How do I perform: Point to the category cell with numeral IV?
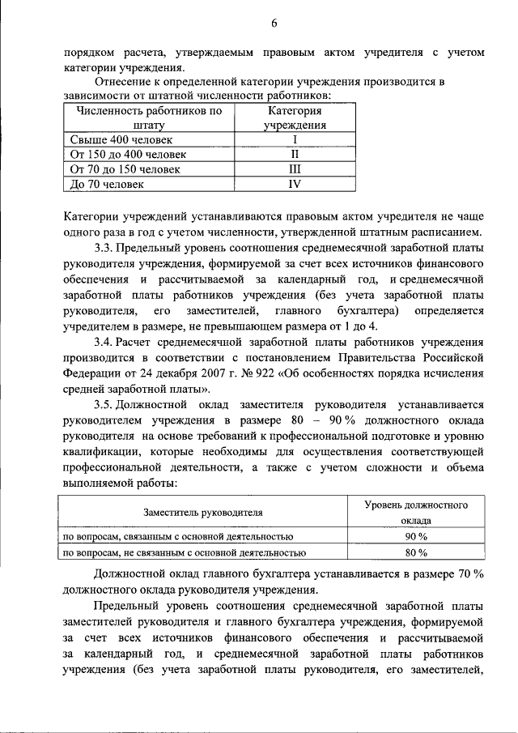click(295, 185)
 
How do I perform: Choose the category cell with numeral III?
click(295, 169)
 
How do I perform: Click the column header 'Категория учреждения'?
click(295, 118)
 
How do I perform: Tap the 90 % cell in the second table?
click(416, 537)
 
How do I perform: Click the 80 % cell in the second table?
click(416, 553)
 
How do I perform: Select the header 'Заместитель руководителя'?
click(203, 513)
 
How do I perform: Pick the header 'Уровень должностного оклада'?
click(416, 513)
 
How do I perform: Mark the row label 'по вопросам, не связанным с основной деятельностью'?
click(185, 553)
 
